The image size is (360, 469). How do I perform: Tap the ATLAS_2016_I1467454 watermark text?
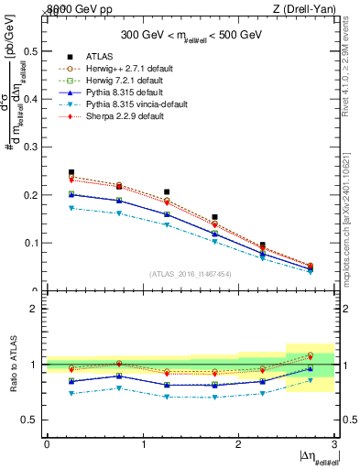[x=190, y=273]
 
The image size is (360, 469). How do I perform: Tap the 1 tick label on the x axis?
[x=143, y=444]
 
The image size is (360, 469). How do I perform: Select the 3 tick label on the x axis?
[x=334, y=444]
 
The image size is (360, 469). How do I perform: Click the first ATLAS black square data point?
[x=71, y=172]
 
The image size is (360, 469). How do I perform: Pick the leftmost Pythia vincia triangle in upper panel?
[x=71, y=208]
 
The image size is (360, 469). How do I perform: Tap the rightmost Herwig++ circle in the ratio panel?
[x=310, y=355]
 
